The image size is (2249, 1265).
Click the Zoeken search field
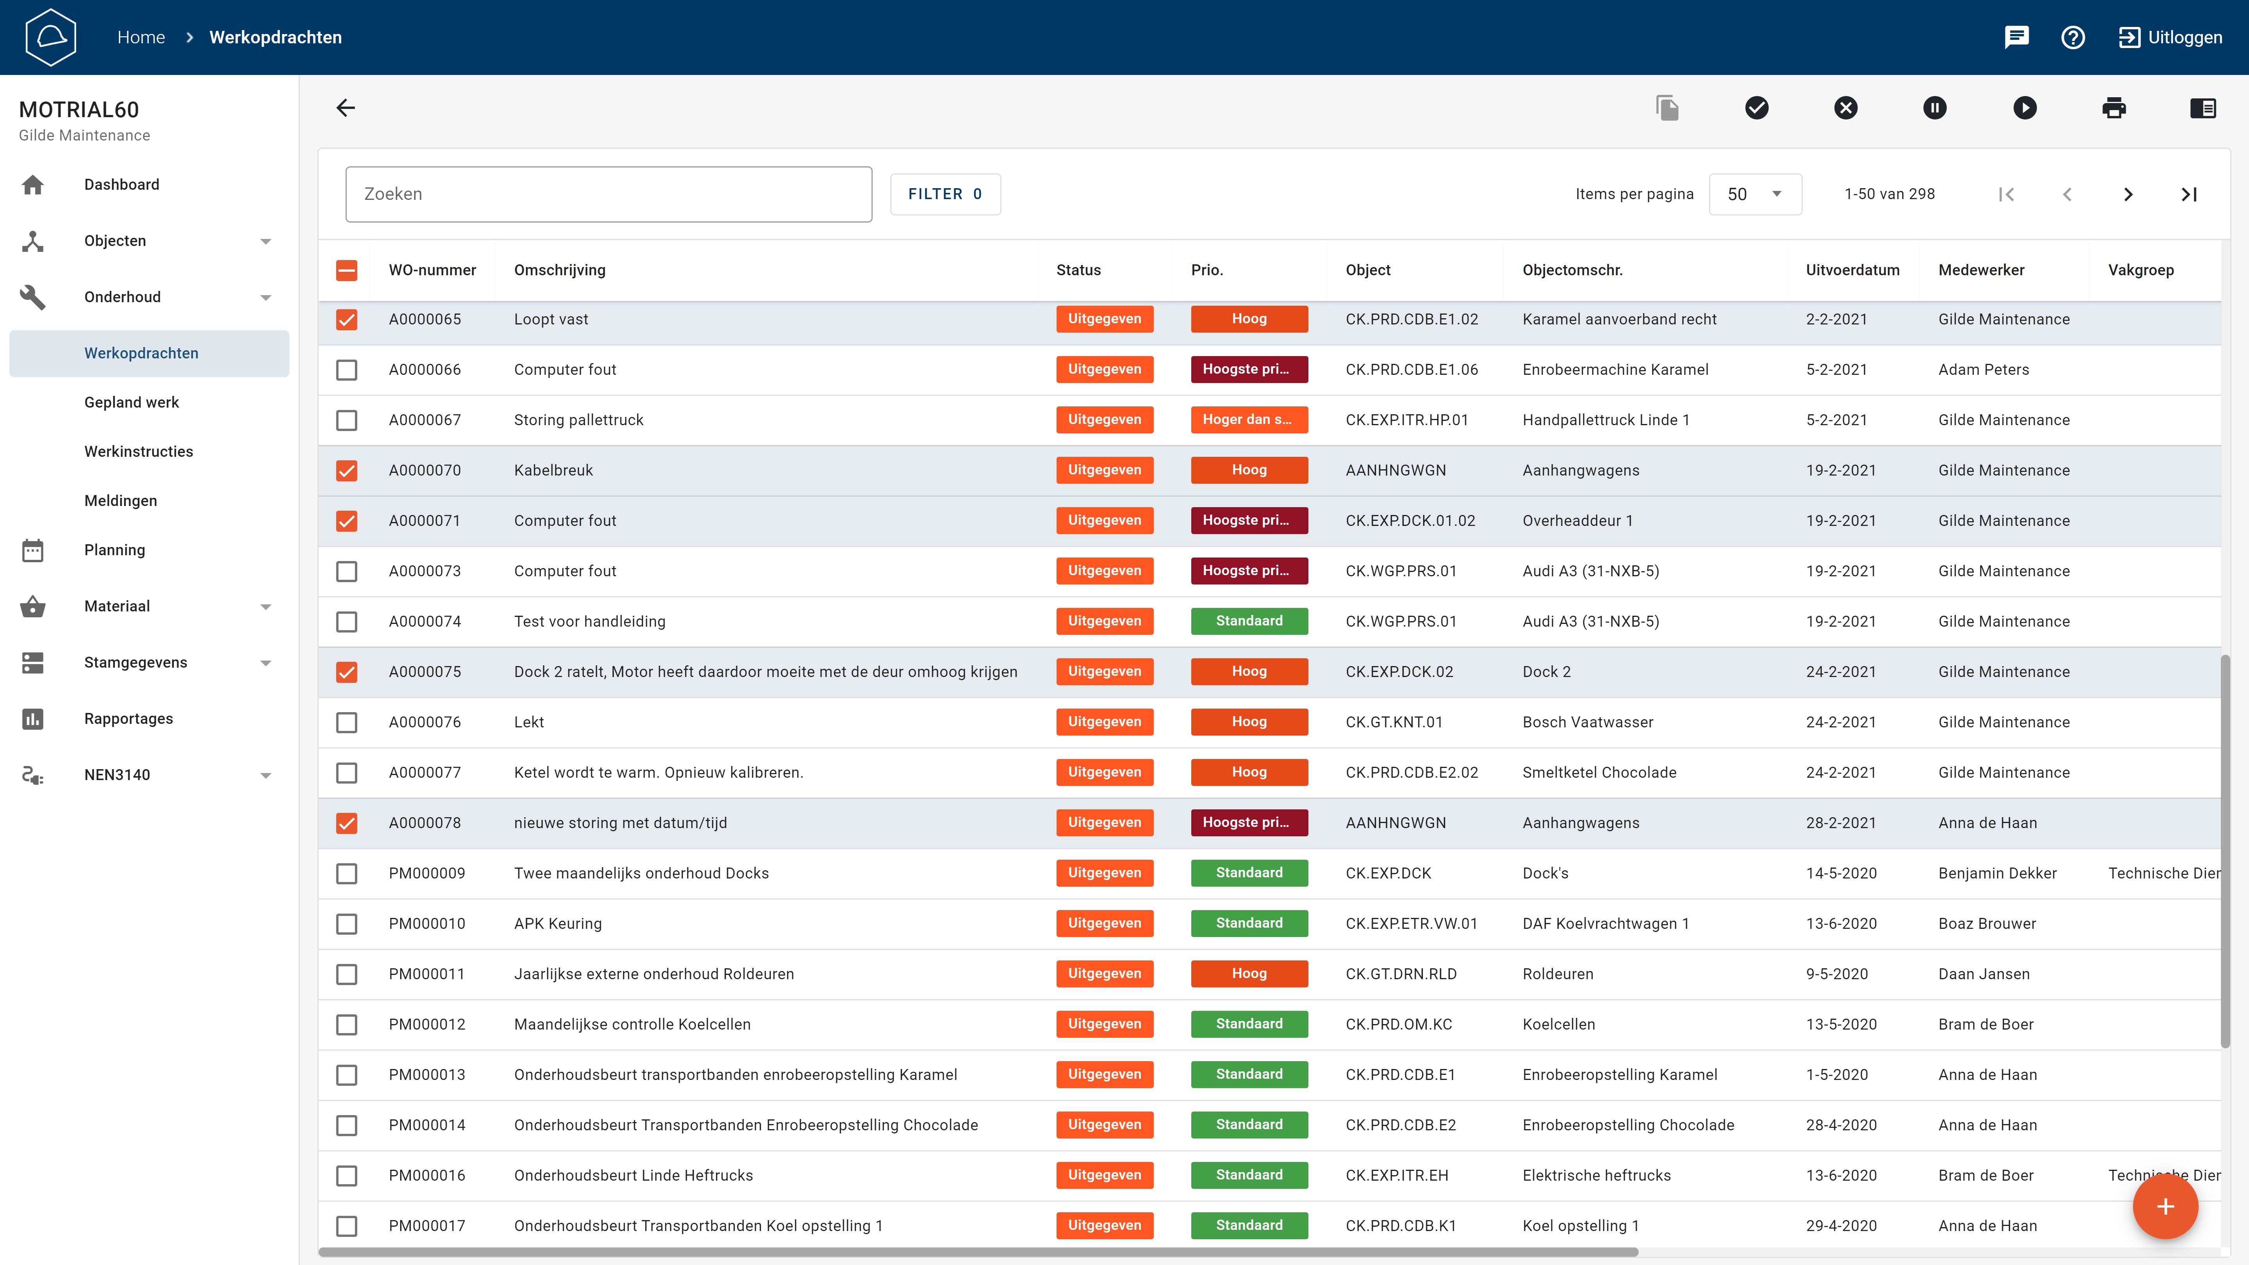(609, 194)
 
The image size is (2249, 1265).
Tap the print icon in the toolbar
(2114, 108)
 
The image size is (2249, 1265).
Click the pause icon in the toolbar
(1935, 108)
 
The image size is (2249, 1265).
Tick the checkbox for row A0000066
(347, 370)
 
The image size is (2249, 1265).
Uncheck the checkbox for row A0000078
(347, 823)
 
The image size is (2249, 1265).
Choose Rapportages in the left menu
(128, 718)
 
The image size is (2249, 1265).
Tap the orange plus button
(2165, 1206)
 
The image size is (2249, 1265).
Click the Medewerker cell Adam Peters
(1983, 370)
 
